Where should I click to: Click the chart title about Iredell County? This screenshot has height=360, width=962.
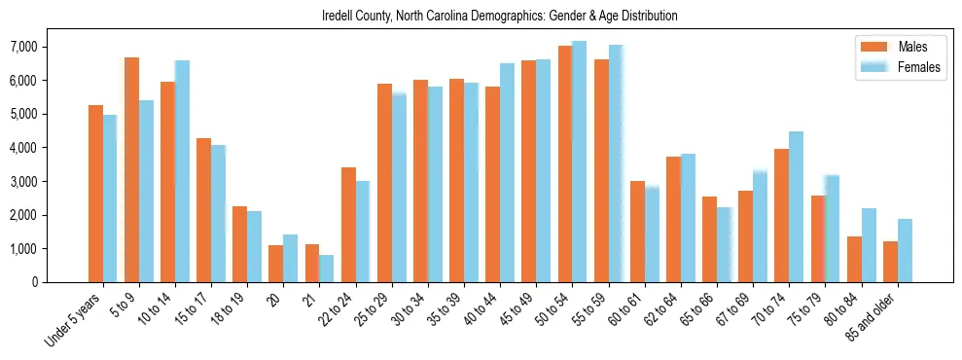[499, 17]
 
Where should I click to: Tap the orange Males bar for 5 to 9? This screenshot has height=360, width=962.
[131, 170]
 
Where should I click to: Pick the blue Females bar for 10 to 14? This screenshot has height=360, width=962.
[182, 171]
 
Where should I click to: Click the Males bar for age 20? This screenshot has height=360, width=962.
[275, 264]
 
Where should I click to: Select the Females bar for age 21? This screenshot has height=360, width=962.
[327, 269]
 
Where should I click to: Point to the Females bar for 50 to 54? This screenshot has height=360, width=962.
[580, 162]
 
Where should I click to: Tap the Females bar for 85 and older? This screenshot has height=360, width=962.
[905, 250]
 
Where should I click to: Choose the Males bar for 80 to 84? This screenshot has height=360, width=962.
[854, 259]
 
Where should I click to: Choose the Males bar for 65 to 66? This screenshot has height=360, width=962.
[709, 239]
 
